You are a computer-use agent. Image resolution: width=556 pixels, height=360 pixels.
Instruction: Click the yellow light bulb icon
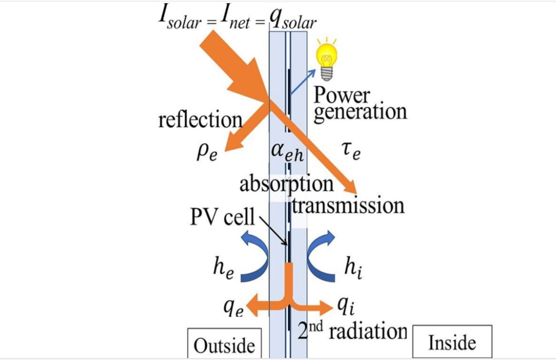[326, 59]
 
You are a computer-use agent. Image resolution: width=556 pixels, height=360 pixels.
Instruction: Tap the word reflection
[201, 120]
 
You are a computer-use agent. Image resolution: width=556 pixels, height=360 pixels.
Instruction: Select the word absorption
[286, 184]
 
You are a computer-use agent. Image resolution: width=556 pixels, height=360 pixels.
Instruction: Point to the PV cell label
[222, 216]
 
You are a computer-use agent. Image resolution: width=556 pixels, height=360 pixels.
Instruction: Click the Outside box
[224, 343]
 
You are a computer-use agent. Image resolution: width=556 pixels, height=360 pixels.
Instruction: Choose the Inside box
[452, 341]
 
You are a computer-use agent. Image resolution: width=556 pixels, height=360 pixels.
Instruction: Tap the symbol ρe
[207, 153]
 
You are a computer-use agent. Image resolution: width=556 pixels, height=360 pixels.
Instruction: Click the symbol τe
[352, 151]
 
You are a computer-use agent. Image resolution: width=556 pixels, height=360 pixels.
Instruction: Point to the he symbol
[224, 267]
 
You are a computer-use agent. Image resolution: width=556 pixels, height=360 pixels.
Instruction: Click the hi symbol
[354, 267]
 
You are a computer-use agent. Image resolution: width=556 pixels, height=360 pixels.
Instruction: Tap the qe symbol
[233, 308]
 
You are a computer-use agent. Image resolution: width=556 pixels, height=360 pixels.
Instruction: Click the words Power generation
[360, 104]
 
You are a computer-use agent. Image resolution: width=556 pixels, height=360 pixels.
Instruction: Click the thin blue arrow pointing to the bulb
[303, 82]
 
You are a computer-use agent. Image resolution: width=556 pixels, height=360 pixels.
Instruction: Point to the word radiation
[368, 331]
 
